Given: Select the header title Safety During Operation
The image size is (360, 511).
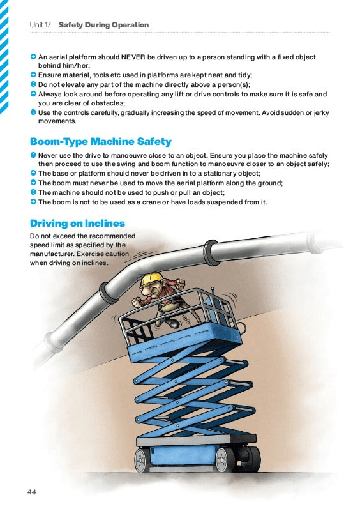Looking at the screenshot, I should (x=103, y=25).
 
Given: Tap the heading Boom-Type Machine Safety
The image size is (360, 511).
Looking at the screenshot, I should (x=101, y=141).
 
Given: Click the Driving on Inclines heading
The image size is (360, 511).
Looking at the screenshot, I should (x=77, y=223).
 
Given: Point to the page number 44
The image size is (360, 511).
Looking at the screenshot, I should (x=32, y=491).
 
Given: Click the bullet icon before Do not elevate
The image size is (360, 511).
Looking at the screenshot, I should (x=33, y=84).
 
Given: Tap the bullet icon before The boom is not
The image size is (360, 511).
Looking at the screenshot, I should (x=33, y=202).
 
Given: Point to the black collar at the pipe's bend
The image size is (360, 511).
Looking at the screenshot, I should (x=108, y=293).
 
